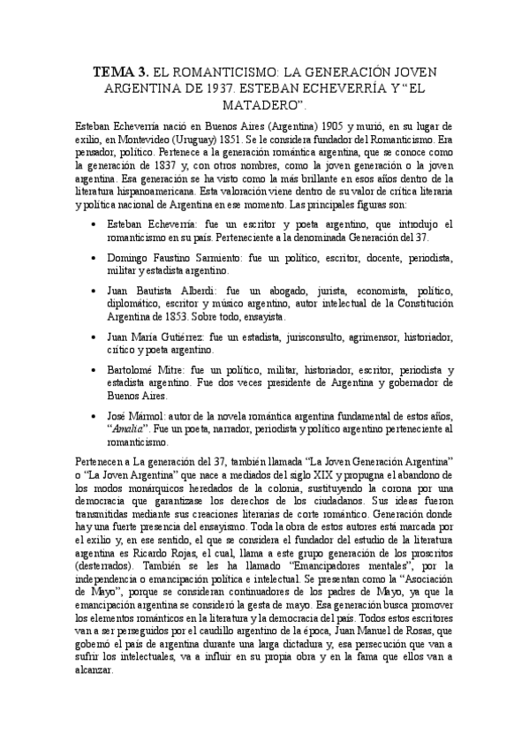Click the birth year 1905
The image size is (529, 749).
click(320, 126)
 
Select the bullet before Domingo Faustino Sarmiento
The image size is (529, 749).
click(94, 257)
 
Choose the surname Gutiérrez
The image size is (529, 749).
click(209, 337)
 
